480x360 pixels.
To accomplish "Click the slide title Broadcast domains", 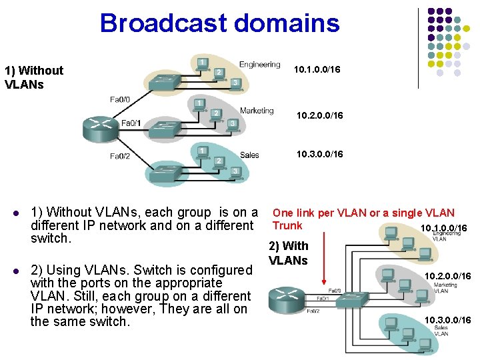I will click(219, 23).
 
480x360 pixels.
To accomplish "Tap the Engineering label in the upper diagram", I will click(259, 65).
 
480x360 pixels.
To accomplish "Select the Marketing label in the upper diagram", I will click(257, 111).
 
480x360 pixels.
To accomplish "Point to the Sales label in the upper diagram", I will click(249, 155).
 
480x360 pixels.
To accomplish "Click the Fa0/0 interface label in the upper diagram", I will click(120, 99).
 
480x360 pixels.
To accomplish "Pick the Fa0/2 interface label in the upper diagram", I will click(121, 157).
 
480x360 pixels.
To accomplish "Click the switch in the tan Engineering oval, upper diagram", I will click(166, 81).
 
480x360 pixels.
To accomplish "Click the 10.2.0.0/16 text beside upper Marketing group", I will click(319, 116).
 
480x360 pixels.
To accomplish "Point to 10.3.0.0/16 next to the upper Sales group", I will click(319, 155).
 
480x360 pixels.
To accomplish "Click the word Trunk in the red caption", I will click(287, 226).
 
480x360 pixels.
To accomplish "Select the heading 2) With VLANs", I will click(288, 253).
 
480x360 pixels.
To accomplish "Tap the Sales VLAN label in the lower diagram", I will click(441, 331).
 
